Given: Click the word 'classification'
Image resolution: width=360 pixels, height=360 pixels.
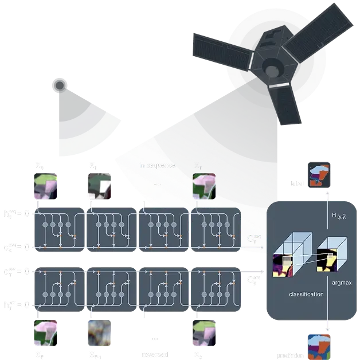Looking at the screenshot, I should pyautogui.click(x=306, y=294).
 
